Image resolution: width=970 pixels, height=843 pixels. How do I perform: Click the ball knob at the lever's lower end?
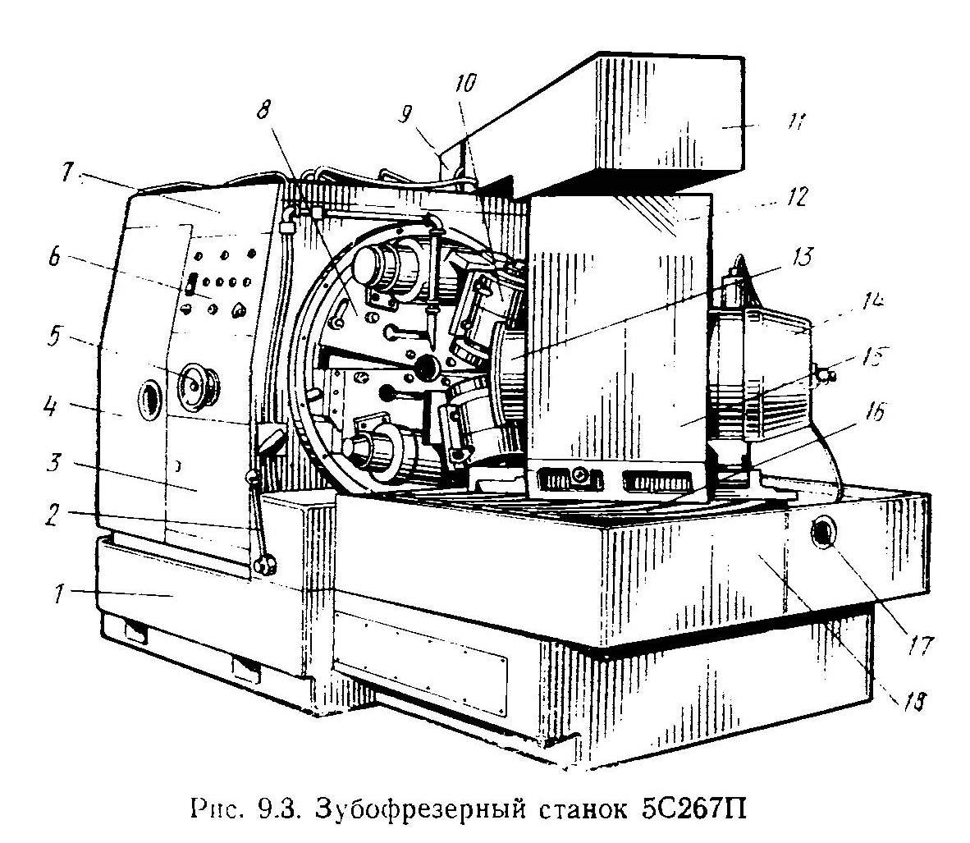pyautogui.click(x=264, y=566)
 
